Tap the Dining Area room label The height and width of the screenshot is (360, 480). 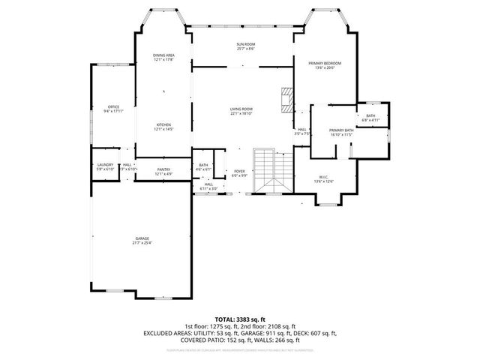pyautogui.click(x=164, y=56)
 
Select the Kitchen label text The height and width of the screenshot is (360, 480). pyautogui.click(x=163, y=124)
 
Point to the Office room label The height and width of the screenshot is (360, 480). pyautogui.click(x=113, y=107)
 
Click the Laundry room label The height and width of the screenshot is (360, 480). pyautogui.click(x=105, y=165)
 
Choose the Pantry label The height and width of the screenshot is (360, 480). pyautogui.click(x=163, y=170)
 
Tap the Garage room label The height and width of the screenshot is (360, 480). pyautogui.click(x=142, y=238)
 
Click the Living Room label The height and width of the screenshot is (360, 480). pyautogui.click(x=241, y=109)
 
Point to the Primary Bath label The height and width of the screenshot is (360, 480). pyautogui.click(x=341, y=131)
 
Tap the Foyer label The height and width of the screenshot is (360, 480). pyautogui.click(x=239, y=172)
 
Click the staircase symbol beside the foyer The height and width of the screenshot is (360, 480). pyautogui.click(x=271, y=171)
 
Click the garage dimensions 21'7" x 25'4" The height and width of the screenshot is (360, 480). pyautogui.click(x=142, y=243)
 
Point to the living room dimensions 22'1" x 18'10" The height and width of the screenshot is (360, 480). pyautogui.click(x=241, y=114)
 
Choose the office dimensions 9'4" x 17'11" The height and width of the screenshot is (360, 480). pyautogui.click(x=113, y=112)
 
